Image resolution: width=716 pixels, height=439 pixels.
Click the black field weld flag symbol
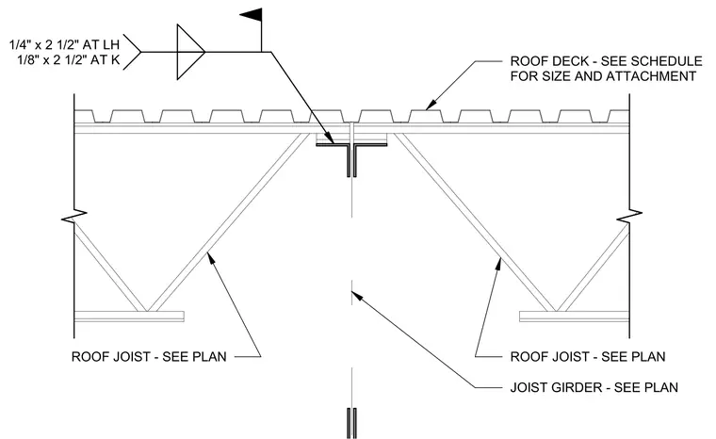(252, 15)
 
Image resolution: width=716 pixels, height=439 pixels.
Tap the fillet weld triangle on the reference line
(190, 52)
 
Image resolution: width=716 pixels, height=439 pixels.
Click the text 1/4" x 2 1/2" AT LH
(64, 45)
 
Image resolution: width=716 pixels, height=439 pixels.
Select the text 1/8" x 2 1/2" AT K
(69, 60)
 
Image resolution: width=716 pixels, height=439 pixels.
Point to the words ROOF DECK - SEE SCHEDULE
(606, 60)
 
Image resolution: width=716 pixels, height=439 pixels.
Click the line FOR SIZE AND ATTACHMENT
(603, 75)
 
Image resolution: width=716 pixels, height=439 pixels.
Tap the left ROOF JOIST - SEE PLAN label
(149, 356)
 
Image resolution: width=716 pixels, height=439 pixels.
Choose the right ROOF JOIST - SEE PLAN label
(588, 356)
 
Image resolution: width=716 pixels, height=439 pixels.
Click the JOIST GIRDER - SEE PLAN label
(594, 387)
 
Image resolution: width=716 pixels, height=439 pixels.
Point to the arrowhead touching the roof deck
(431, 105)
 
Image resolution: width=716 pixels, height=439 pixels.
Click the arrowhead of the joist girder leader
(357, 296)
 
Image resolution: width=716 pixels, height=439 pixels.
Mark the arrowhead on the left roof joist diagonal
(211, 258)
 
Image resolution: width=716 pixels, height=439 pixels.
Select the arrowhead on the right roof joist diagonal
(499, 264)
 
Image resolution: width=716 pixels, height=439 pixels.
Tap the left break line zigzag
(74, 216)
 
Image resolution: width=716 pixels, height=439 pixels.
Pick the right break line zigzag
(629, 216)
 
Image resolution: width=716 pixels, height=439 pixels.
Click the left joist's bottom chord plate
(129, 317)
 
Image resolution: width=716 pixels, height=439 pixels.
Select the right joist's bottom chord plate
(575, 317)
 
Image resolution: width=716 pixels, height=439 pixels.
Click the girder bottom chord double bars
(351, 423)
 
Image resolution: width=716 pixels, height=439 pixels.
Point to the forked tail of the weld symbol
(133, 52)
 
